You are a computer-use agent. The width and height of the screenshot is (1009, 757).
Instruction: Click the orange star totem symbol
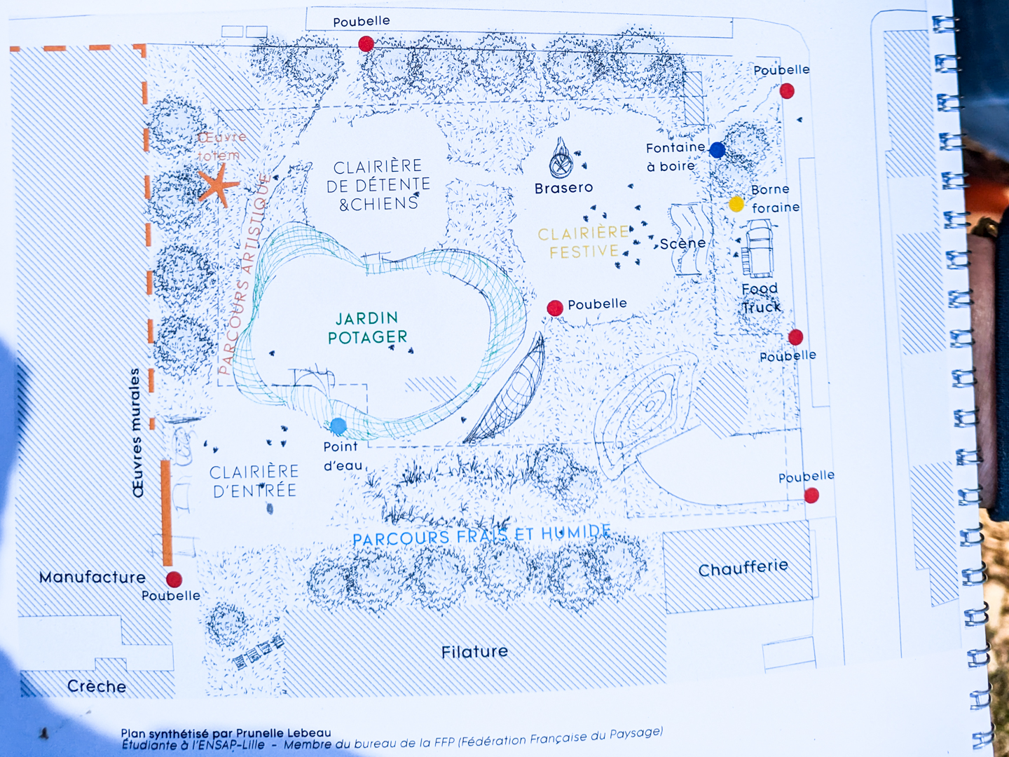click(218, 185)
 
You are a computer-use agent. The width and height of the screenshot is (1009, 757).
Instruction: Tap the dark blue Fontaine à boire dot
click(717, 150)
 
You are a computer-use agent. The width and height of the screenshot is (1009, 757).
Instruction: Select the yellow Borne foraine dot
click(736, 204)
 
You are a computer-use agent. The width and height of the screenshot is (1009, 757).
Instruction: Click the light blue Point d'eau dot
click(338, 426)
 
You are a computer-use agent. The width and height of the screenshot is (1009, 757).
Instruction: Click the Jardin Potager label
click(367, 328)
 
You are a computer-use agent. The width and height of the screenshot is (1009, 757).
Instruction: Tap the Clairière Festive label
click(583, 243)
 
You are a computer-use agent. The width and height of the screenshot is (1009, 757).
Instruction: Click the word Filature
click(474, 652)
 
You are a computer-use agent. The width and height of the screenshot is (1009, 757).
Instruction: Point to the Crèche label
click(97, 686)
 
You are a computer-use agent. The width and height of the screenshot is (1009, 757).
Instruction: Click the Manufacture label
click(92, 578)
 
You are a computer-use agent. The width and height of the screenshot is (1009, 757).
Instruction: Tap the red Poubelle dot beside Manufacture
click(174, 580)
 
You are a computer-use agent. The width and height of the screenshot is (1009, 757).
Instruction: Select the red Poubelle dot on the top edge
click(366, 43)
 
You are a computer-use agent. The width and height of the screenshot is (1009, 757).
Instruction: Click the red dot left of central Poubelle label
click(555, 308)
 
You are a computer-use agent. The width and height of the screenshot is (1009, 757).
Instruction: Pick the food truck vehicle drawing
click(757, 248)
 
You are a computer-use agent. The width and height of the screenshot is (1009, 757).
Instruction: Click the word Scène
click(682, 243)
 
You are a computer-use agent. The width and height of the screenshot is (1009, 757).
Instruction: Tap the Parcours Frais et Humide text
click(482, 535)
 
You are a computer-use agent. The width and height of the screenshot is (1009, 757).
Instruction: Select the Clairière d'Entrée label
click(254, 482)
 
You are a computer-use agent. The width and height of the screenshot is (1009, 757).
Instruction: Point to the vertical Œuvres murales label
click(137, 432)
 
